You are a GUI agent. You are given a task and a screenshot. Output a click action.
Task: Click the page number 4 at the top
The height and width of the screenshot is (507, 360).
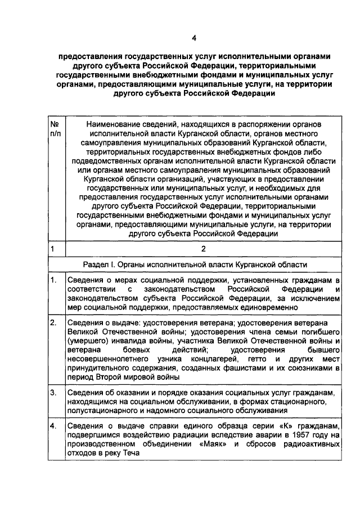[194, 38]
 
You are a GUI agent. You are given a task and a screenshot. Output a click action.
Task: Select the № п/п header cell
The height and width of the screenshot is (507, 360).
[56, 129]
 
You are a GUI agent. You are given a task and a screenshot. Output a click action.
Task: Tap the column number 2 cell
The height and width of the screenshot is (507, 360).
[204, 248]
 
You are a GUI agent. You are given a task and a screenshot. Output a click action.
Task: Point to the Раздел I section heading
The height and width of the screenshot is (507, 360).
[194, 264]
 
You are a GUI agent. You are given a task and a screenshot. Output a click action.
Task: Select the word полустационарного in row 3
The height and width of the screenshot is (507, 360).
[101, 410]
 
